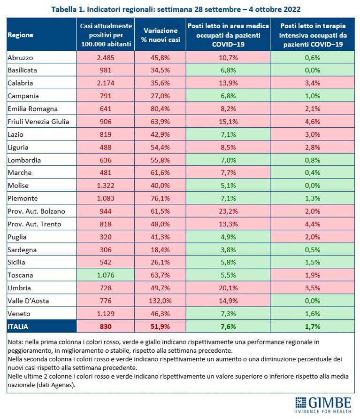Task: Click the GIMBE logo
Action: [x=323, y=404]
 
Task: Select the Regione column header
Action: [x=21, y=35]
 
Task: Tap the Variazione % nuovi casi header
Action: [x=160, y=35]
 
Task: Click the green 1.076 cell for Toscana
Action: [x=106, y=275]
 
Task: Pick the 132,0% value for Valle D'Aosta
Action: [x=160, y=301]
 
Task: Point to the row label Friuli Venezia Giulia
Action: [x=38, y=122]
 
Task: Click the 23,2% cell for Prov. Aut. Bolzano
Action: [x=228, y=211]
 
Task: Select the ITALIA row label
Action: [x=18, y=326]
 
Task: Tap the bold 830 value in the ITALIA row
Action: [x=106, y=326]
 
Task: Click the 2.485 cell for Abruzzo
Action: [x=106, y=58]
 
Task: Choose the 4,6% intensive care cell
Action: [x=313, y=122]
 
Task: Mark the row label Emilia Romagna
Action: [x=32, y=109]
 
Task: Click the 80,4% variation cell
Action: [x=160, y=109]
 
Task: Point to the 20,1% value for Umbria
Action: [x=228, y=288]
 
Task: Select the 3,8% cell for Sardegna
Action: [x=228, y=249]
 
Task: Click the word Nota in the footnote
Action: [x=16, y=342]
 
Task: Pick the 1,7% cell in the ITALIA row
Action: [x=313, y=326]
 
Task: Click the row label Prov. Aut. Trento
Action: [x=34, y=224]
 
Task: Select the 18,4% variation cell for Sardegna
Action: [x=160, y=249]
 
